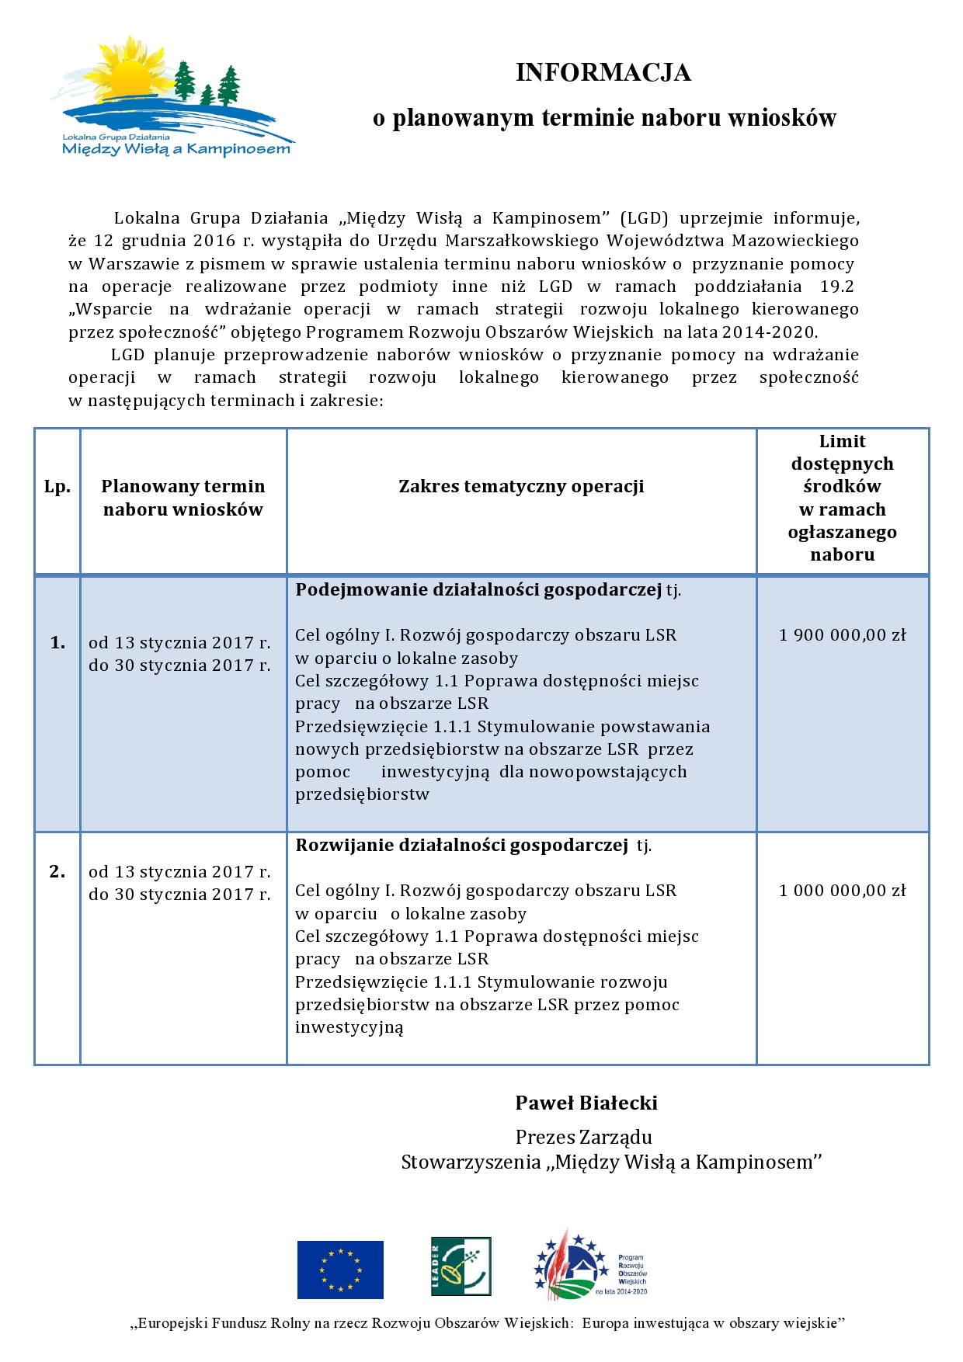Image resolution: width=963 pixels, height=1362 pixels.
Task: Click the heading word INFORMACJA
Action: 603,72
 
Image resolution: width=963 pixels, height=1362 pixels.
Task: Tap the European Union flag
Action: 340,1270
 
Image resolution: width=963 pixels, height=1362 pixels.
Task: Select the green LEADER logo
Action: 461,1266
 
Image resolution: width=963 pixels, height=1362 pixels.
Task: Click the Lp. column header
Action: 57,487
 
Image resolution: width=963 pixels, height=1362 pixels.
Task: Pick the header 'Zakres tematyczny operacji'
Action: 521,487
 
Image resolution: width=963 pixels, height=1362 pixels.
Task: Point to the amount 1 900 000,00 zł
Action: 843,635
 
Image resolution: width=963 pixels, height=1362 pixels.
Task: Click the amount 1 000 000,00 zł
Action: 843,891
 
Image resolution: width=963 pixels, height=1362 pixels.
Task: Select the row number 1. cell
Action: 57,642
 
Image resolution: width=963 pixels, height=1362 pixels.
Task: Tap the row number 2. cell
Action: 57,871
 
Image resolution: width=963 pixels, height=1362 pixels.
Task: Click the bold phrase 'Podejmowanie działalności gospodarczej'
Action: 478,590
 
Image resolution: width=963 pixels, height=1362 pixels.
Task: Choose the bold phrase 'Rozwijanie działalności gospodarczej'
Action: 461,846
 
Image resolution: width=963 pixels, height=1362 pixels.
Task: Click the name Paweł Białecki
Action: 586,1103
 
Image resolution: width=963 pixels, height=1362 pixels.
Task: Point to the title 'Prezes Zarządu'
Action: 584,1138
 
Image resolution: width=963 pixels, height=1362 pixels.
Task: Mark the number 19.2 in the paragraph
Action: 836,287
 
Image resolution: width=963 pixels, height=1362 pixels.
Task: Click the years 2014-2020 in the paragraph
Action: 768,332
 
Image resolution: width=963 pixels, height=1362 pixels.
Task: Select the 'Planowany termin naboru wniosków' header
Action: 183,498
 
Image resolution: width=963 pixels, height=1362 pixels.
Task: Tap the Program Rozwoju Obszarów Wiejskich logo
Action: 590,1266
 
